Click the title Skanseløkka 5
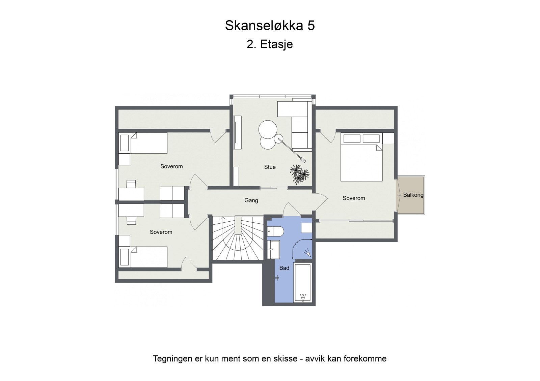point(270,26)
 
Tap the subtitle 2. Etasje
point(270,44)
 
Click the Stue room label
point(270,167)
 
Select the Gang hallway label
point(251,200)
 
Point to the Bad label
point(284,268)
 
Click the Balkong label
point(413,195)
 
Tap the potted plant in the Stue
point(299,174)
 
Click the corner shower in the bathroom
point(303,249)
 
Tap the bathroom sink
point(273,250)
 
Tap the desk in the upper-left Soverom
point(131,194)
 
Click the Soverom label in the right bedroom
point(354,198)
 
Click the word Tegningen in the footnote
point(173,359)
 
